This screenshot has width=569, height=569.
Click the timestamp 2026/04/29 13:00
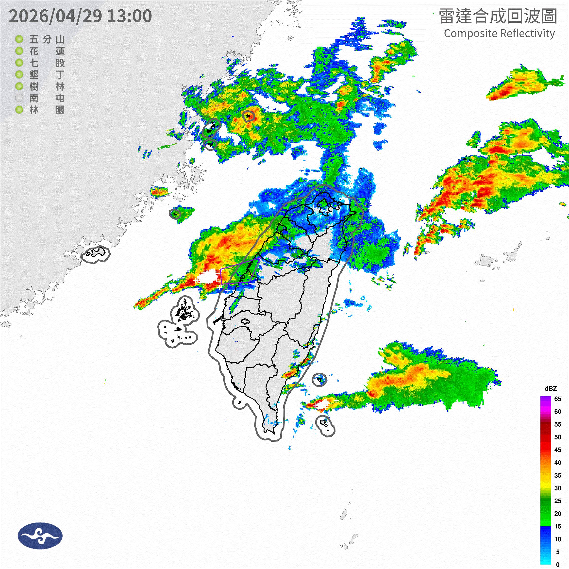tap(80, 16)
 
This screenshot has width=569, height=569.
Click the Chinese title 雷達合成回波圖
tap(498, 16)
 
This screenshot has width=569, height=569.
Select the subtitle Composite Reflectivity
tap(499, 33)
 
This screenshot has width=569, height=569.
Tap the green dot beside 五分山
tap(19, 39)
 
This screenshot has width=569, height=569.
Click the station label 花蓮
tap(47, 51)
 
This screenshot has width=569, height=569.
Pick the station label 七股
tap(47, 63)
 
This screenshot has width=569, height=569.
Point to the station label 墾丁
tap(47, 75)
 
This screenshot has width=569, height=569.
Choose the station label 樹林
tap(47, 87)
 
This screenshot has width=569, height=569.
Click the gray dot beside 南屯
tap(19, 98)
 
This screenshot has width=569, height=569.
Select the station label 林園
tap(47, 110)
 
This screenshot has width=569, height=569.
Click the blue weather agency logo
tap(40, 536)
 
